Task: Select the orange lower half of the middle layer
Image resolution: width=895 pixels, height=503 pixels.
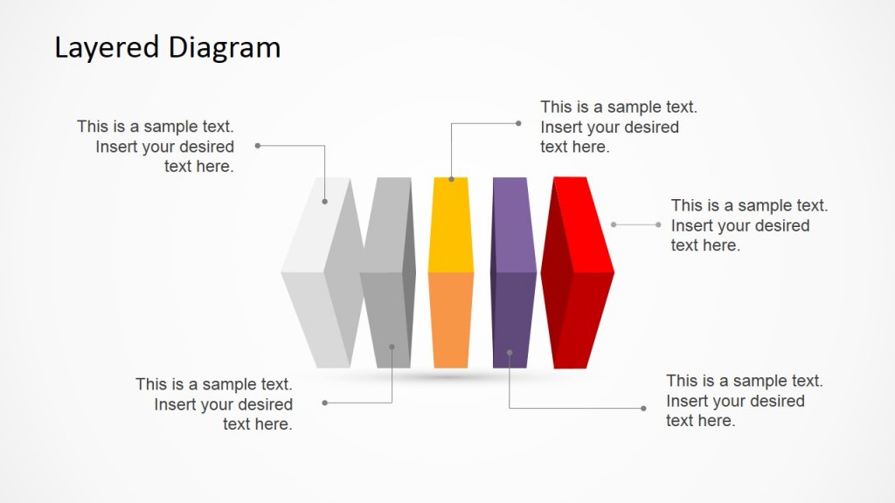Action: click(451, 319)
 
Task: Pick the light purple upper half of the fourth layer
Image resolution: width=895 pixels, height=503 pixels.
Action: click(512, 223)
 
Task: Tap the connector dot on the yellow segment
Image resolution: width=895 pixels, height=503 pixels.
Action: click(452, 179)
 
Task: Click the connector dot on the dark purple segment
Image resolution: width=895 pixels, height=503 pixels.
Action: click(510, 353)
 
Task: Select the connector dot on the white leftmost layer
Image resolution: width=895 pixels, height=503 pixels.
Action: click(324, 202)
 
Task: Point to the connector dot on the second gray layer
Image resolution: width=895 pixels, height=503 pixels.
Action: click(392, 347)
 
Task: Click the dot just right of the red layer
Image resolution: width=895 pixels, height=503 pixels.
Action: click(614, 224)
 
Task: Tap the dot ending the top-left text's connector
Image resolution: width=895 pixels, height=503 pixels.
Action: click(258, 146)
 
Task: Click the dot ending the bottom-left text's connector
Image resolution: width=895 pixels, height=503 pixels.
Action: click(325, 403)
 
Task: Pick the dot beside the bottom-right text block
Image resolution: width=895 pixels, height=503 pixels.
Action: click(643, 408)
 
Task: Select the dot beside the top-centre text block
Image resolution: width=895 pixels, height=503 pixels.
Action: click(518, 123)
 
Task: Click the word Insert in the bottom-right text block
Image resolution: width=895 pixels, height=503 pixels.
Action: click(688, 402)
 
